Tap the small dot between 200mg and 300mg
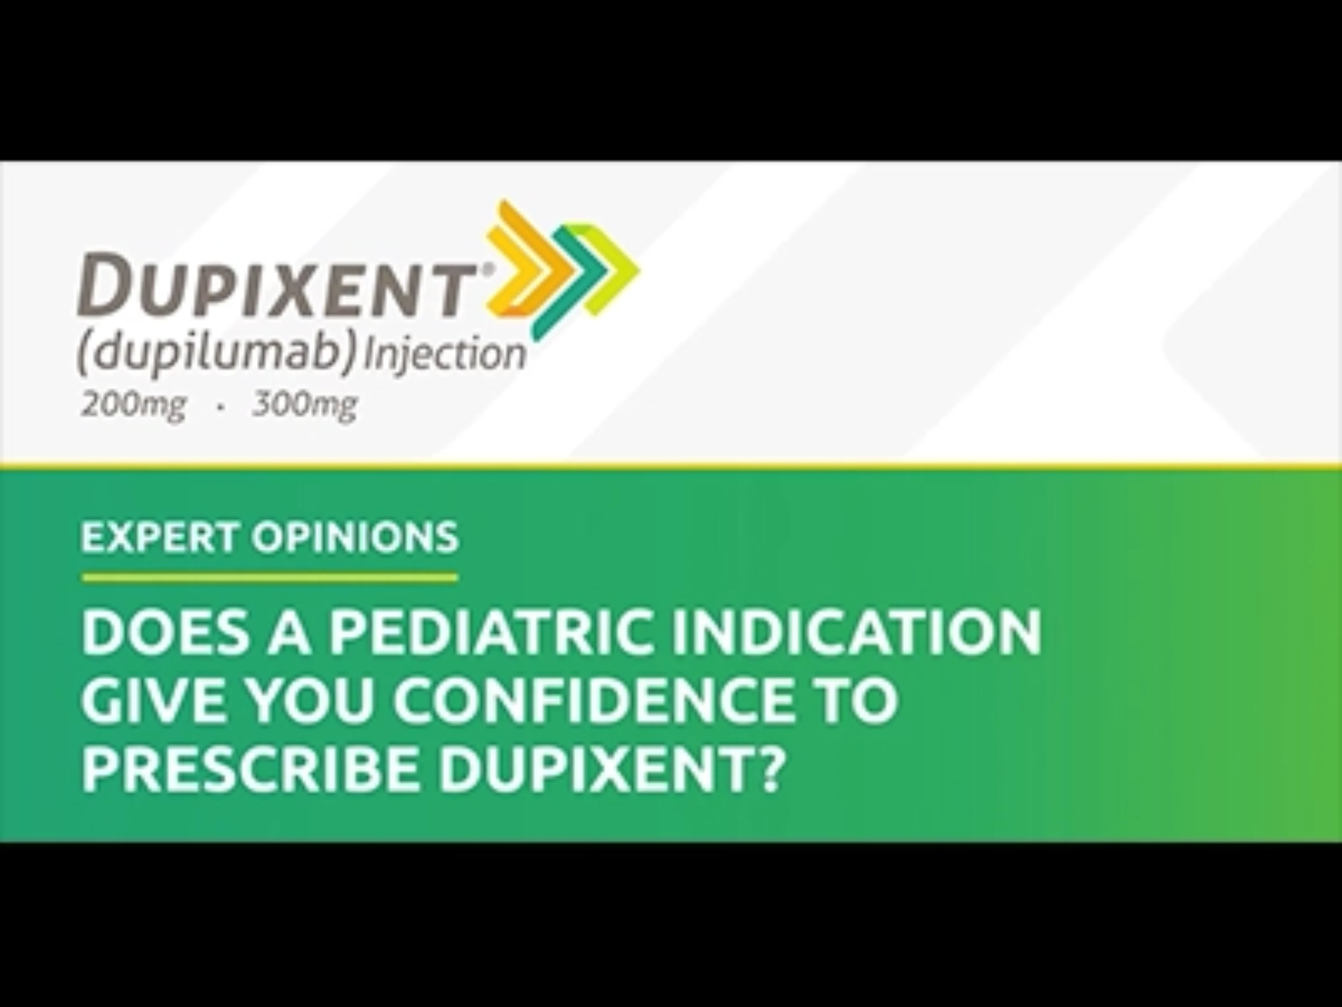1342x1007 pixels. pos(220,408)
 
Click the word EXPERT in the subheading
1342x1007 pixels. pos(159,537)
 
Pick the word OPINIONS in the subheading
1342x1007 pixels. pos(355,537)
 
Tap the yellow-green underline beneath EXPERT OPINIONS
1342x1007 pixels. pos(270,578)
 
